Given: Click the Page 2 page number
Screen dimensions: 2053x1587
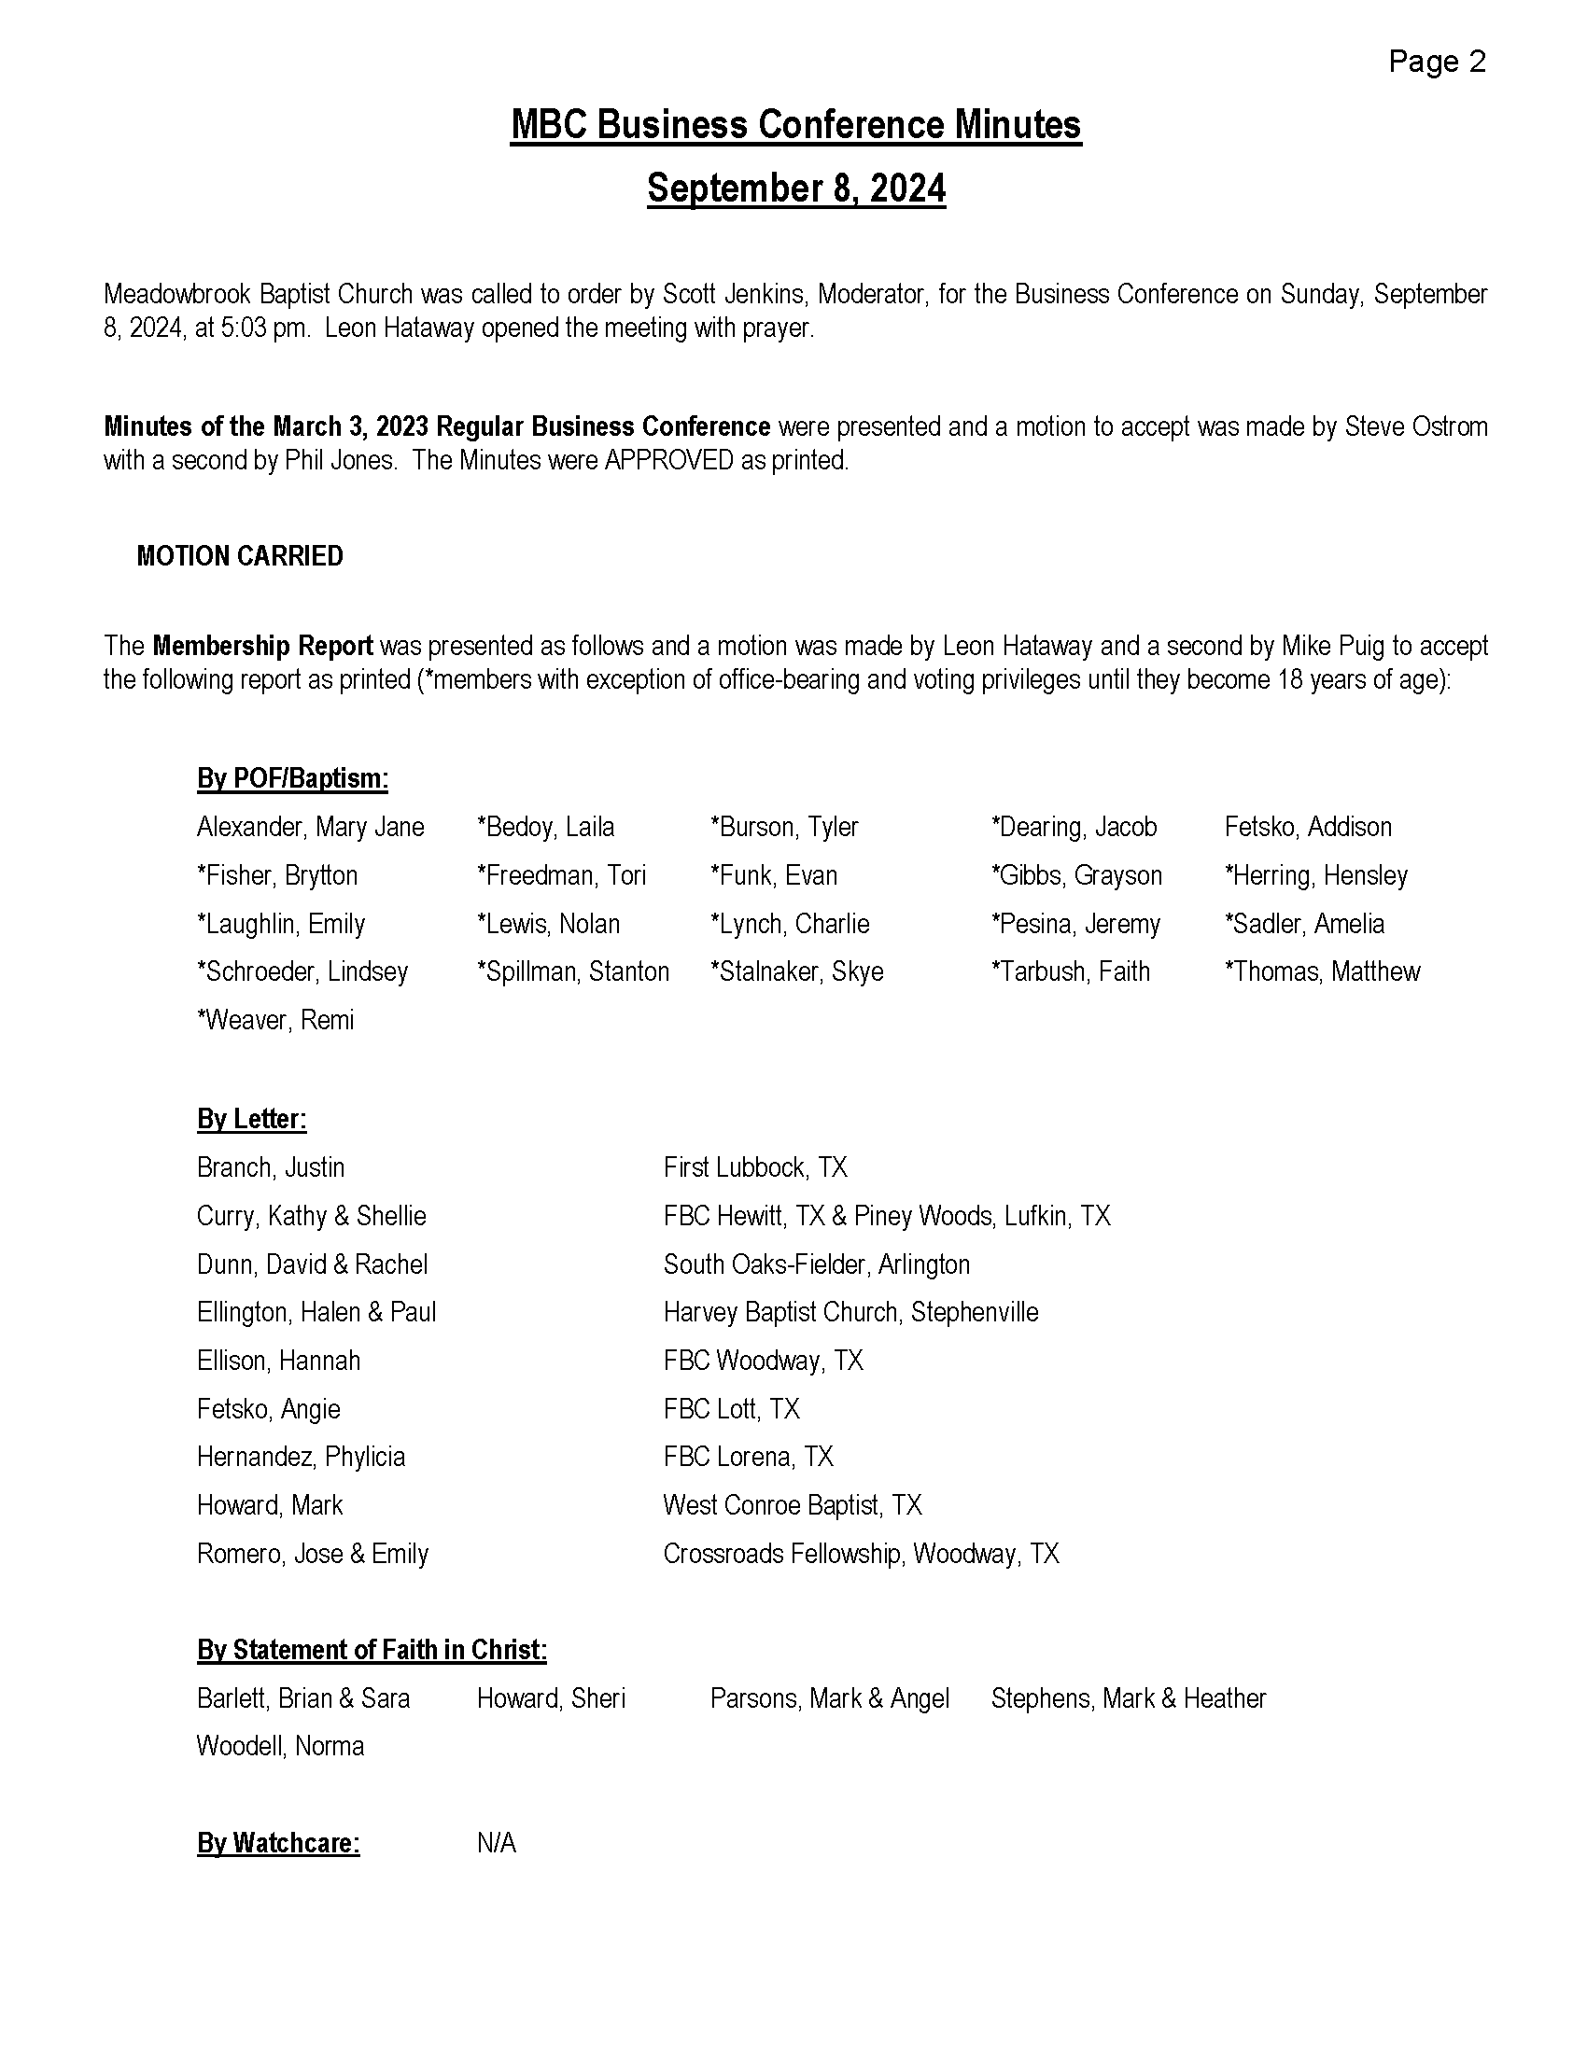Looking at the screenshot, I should point(1437,62).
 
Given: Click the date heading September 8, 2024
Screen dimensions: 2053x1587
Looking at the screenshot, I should point(796,188).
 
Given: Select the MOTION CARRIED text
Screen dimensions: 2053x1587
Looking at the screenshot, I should point(240,556).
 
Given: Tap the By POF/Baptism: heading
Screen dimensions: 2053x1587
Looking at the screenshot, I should point(292,779).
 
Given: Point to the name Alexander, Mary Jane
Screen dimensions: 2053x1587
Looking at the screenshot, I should point(310,827).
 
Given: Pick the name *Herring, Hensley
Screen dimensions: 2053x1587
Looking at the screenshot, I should point(1315,876).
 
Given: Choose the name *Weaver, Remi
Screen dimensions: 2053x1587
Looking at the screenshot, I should point(275,1020).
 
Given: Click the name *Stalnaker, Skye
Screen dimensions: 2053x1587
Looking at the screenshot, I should point(796,972).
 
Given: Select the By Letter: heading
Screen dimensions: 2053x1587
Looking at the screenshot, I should point(252,1120).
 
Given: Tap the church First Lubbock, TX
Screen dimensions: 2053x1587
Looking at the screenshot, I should point(755,1167).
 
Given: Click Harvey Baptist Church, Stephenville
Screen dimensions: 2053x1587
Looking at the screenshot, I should point(850,1312).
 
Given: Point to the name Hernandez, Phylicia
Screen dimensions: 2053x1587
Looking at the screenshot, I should point(301,1457).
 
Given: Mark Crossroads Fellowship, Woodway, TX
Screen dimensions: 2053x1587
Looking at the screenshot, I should point(861,1554).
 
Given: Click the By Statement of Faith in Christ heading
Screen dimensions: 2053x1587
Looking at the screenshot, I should point(372,1650).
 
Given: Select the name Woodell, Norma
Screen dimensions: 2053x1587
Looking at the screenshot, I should point(280,1747).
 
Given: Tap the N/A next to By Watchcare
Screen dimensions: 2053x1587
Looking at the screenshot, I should point(497,1843).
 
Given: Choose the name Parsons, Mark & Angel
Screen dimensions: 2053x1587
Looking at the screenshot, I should point(829,1698).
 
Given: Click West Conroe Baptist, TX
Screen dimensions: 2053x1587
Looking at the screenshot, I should point(792,1505).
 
